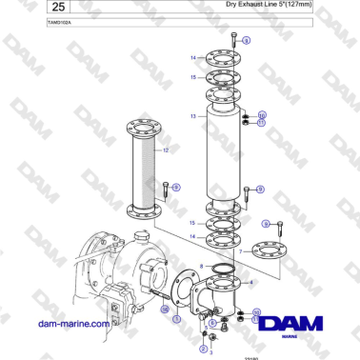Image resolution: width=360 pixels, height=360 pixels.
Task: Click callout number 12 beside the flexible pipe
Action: point(165,150)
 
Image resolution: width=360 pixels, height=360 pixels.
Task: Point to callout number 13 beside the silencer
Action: point(192,116)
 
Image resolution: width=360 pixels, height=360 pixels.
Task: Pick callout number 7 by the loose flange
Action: point(243,251)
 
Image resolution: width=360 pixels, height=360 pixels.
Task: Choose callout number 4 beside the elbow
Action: point(250,283)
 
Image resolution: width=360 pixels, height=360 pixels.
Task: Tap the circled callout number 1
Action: point(176,320)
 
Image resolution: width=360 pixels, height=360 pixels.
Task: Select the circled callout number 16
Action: point(164,310)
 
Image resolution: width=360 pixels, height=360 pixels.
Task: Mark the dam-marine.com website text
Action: point(73,324)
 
